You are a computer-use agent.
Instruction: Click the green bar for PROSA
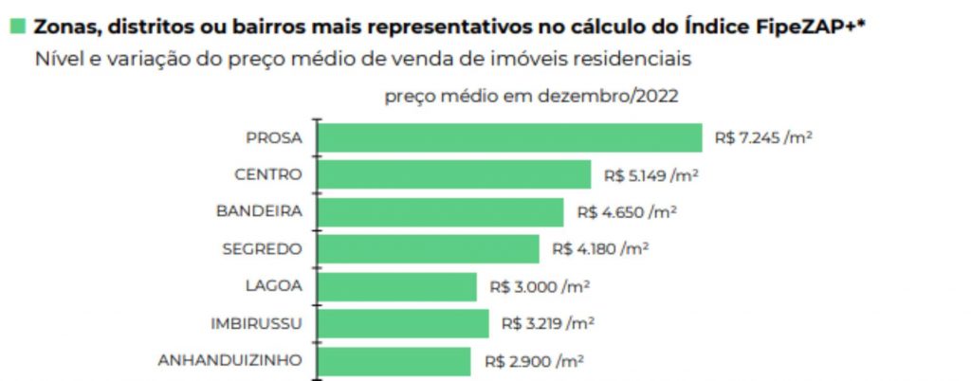pos(509,137)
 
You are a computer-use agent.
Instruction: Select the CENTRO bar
pos(454,174)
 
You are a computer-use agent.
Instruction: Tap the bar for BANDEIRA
pos(440,211)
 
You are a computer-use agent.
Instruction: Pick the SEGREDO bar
pos(428,248)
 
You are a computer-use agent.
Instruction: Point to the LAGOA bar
pos(396,286)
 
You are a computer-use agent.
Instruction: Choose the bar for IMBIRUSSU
pos(403,323)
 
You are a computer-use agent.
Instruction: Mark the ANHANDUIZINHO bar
pos(394,360)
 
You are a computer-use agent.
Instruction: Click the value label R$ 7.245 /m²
pos(764,137)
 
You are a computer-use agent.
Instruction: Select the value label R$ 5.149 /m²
pos(651,174)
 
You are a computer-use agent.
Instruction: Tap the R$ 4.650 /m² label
pos(626,211)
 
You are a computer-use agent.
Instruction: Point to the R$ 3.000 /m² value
pos(537,286)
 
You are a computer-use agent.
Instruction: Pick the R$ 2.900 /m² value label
pos(534,360)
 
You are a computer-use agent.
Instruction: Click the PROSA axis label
pos(273,137)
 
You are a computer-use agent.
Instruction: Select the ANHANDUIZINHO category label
pos(230,360)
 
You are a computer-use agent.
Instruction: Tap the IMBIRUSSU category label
pos(256,323)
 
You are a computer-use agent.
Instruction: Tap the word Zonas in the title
pos(63,27)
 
